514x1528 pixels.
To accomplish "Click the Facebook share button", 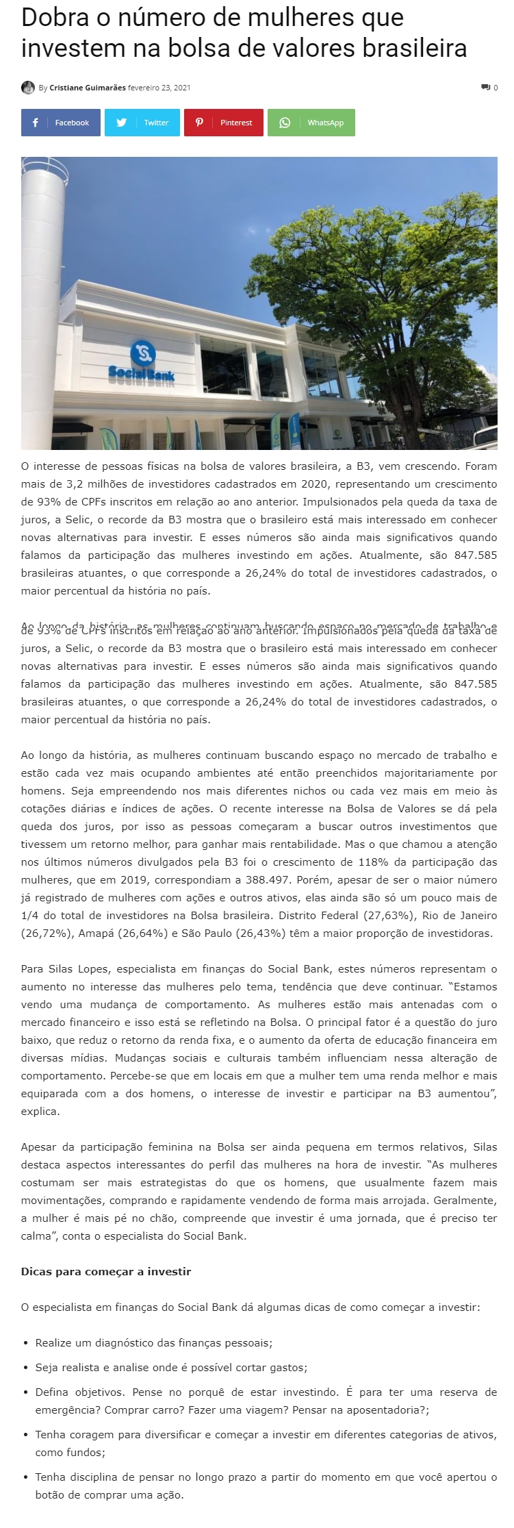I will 61,123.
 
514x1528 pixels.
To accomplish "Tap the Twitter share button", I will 142,123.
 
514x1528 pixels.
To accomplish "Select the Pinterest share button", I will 223,123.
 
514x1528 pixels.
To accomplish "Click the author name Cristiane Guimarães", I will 88,88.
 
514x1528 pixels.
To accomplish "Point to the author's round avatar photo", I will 28,88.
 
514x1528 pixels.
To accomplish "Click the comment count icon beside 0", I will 485,88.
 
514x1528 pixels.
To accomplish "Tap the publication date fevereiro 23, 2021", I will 159,88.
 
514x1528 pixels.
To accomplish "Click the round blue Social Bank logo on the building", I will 142,353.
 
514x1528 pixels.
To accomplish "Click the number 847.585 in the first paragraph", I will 476,555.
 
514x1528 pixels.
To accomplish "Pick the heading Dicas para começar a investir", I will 106,1271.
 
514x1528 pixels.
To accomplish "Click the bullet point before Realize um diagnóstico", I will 26,1343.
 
